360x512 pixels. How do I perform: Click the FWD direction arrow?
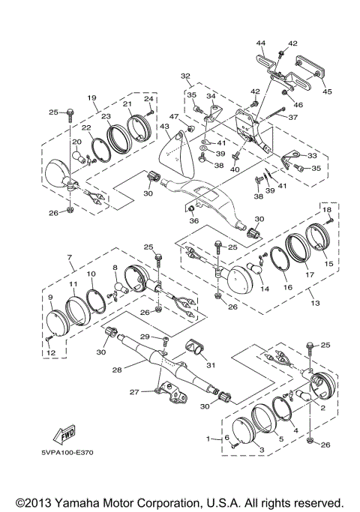click(64, 436)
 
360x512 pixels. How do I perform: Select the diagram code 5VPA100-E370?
click(67, 453)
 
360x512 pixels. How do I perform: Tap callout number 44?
click(261, 43)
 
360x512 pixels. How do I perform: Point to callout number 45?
click(327, 91)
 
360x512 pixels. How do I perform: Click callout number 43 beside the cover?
click(164, 127)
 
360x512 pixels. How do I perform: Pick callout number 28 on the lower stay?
click(117, 370)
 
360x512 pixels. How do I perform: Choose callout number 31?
click(211, 365)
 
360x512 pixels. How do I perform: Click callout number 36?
click(193, 220)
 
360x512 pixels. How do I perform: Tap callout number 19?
click(91, 97)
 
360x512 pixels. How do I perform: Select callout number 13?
click(315, 303)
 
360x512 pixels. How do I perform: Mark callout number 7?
click(69, 257)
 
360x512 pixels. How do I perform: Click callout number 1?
click(208, 439)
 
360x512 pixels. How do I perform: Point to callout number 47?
click(174, 117)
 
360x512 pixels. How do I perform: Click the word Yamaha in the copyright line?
click(77, 502)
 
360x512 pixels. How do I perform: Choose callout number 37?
click(293, 117)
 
